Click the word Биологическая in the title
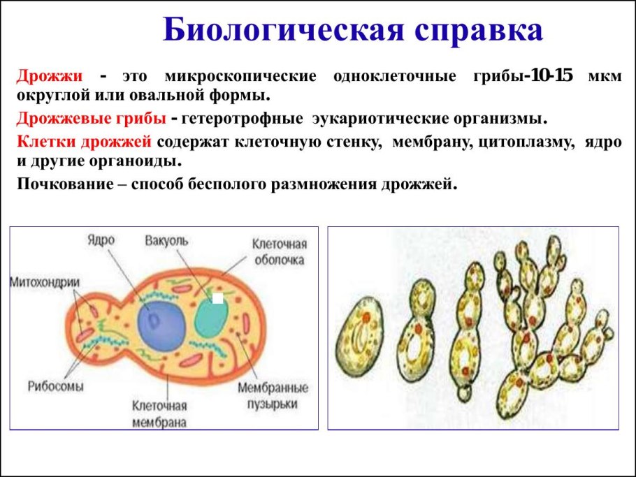coord(284,31)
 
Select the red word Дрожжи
coord(50,76)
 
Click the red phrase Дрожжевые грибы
coord(92,119)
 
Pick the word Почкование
coord(65,184)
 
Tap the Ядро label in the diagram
coord(101,240)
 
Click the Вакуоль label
coord(166,241)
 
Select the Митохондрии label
coord(45,282)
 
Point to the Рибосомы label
coord(56,386)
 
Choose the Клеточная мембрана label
coord(159,413)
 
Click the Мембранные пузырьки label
coord(273,395)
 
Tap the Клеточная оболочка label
coord(280,251)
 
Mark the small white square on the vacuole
coord(218,298)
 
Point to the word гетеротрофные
coord(242,119)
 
